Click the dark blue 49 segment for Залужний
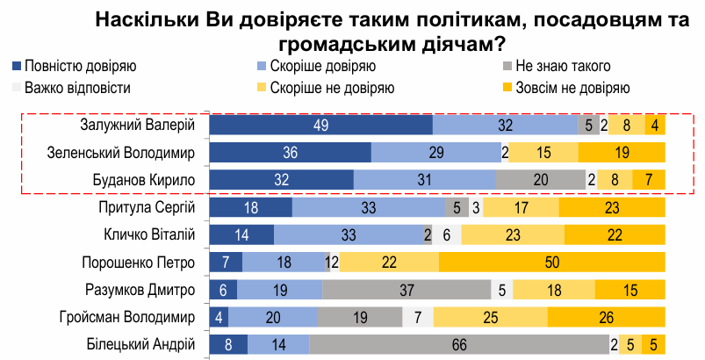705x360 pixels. click(x=321, y=126)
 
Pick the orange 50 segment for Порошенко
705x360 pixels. click(x=551, y=263)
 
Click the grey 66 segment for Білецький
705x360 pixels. click(x=458, y=345)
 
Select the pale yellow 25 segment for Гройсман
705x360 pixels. click(x=490, y=318)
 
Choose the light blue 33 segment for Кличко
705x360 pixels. click(x=348, y=235)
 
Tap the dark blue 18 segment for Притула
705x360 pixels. click(x=250, y=208)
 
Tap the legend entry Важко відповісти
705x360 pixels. click(x=72, y=88)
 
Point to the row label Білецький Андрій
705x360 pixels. click(x=139, y=345)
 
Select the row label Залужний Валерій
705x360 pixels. click(x=136, y=126)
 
